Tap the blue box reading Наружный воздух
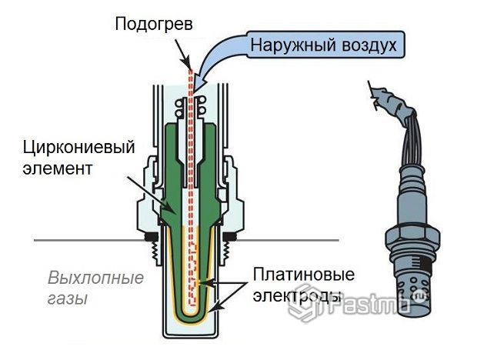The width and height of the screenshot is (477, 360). tap(324, 44)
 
